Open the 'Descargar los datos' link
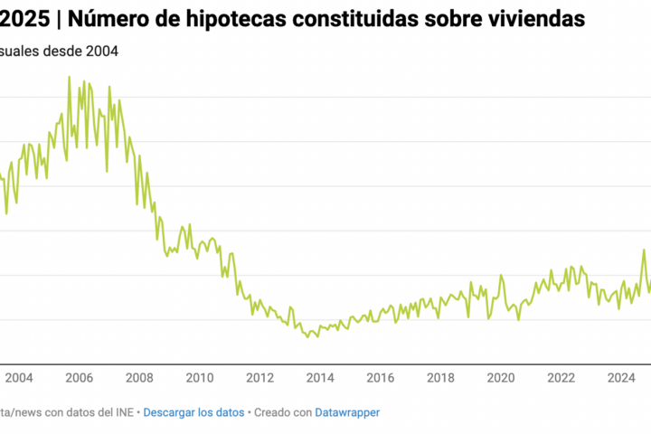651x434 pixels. [x=193, y=412]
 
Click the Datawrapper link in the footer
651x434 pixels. [x=347, y=412]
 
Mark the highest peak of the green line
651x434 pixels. [x=70, y=77]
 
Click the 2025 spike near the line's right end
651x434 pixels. [x=645, y=250]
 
